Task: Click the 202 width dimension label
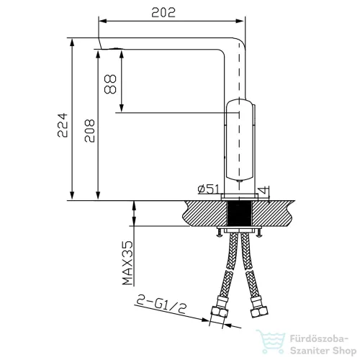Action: pos(163,12)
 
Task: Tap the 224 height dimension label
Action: pos(63,125)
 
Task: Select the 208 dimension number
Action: pos(90,130)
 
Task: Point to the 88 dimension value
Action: pos(110,84)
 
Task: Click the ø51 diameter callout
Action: pos(208,189)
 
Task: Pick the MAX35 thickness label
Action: pos(127,263)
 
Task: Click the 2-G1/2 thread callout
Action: pos(161,304)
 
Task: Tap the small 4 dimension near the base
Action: pos(264,190)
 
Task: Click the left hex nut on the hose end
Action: pos(219,312)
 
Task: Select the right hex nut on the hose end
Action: pos(259,312)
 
